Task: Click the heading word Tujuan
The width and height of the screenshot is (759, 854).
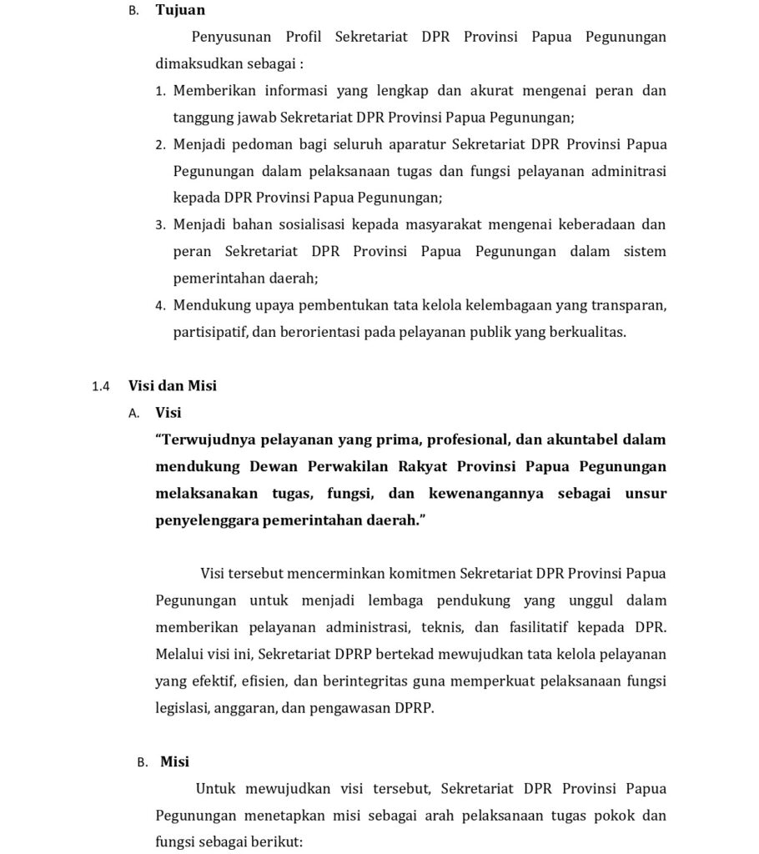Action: (179, 10)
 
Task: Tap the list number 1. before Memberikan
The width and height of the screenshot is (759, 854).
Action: (161, 91)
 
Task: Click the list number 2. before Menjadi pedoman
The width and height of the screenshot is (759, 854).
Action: (161, 145)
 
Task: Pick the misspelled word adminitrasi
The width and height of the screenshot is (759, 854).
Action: (625, 171)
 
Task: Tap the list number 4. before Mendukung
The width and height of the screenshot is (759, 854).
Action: (161, 305)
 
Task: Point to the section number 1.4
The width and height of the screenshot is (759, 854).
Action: (101, 386)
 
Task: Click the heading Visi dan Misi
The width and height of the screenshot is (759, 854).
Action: (173, 385)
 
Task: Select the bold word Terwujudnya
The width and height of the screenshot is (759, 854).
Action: (208, 440)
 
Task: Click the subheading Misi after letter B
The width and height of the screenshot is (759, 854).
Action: (174, 761)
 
